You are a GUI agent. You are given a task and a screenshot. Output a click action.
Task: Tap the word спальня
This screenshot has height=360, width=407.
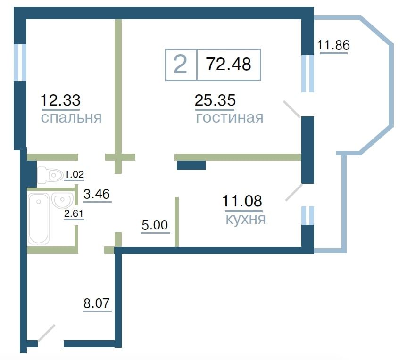pyautogui.click(x=71, y=118)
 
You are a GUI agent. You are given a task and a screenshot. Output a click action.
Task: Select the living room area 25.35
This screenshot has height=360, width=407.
pyautogui.click(x=215, y=100)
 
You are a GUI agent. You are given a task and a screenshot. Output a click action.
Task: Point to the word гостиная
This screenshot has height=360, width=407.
pyautogui.click(x=230, y=118)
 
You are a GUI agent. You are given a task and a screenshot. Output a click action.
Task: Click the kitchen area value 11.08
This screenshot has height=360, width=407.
pyautogui.click(x=242, y=201)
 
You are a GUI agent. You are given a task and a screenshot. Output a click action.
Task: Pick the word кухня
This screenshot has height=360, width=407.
pyautogui.click(x=246, y=219)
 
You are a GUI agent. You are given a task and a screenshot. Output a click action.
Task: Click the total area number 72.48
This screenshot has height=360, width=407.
pyautogui.click(x=228, y=64)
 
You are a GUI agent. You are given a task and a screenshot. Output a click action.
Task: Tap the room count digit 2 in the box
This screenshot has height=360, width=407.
pyautogui.click(x=180, y=65)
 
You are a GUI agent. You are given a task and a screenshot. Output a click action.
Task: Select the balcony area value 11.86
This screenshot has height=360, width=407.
pyautogui.click(x=333, y=45)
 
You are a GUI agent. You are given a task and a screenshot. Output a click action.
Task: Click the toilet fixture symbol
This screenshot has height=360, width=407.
pyautogui.click(x=50, y=175)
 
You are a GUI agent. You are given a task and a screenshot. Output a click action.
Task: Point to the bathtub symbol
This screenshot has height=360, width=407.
pyautogui.click(x=38, y=218)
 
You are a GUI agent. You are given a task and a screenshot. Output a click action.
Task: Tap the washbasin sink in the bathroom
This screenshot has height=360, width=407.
pyautogui.click(x=62, y=200)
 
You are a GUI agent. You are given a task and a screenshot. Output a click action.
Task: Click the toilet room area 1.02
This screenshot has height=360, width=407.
pyautogui.click(x=74, y=174)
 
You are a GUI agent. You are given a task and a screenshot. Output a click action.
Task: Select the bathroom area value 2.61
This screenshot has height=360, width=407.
pyautogui.click(x=74, y=214)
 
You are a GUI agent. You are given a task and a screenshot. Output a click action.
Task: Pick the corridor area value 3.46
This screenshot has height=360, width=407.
pyautogui.click(x=97, y=194)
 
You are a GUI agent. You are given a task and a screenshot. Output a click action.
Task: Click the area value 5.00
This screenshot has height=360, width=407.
pyautogui.click(x=155, y=225)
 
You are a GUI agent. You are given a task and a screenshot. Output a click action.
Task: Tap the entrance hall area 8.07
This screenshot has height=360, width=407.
pyautogui.click(x=97, y=303)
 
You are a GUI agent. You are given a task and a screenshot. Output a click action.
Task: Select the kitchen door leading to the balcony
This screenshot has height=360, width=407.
pyautogui.click(x=294, y=192)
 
